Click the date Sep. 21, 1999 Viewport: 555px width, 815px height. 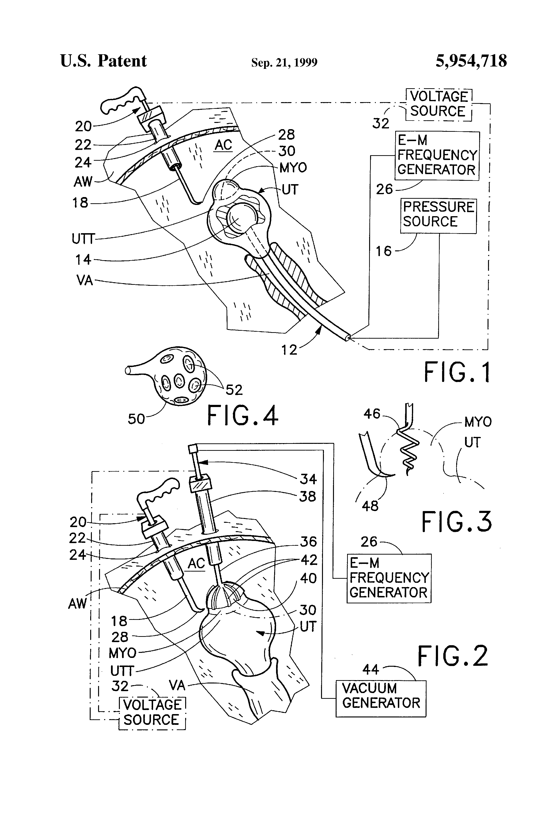[x=284, y=62]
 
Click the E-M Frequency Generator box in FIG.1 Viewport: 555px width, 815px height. [x=437, y=155]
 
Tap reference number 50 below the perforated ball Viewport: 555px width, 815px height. [x=136, y=419]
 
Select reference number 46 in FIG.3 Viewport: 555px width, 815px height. [x=372, y=414]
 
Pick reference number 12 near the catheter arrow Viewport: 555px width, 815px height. [x=289, y=350]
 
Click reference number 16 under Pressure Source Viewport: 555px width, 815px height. [x=383, y=251]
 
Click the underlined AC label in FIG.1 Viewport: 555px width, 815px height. [x=223, y=145]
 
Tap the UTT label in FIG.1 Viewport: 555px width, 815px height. [x=83, y=239]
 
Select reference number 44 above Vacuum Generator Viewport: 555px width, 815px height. [x=371, y=669]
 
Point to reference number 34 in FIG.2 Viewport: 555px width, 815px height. [x=308, y=479]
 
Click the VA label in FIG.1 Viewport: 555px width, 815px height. [x=84, y=281]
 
